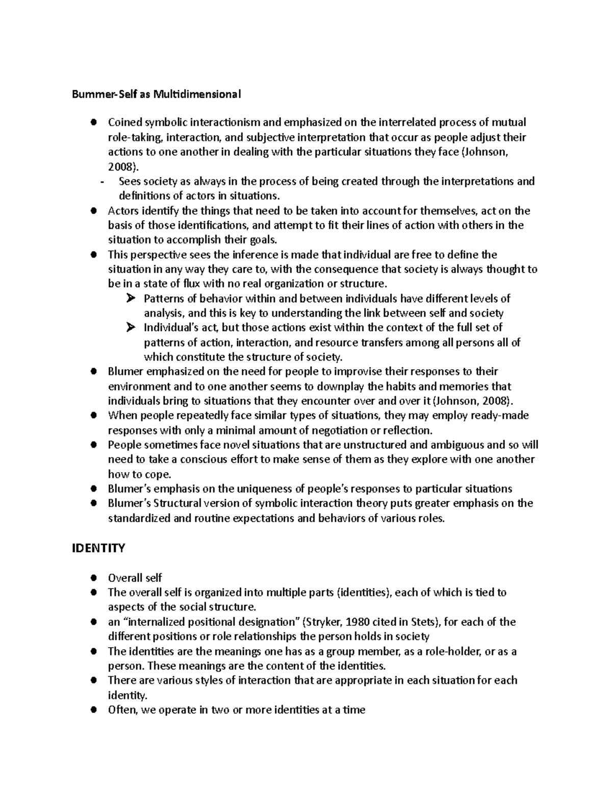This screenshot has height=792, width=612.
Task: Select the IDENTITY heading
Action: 98,548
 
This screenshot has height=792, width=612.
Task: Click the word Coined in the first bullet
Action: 125,122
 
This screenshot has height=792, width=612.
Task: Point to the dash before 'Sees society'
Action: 103,182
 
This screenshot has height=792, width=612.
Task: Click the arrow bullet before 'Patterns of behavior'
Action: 130,298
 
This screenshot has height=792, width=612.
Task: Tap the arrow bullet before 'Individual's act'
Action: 130,327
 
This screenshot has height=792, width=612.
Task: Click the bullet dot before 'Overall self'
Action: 93,578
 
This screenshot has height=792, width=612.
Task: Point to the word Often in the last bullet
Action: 122,709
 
